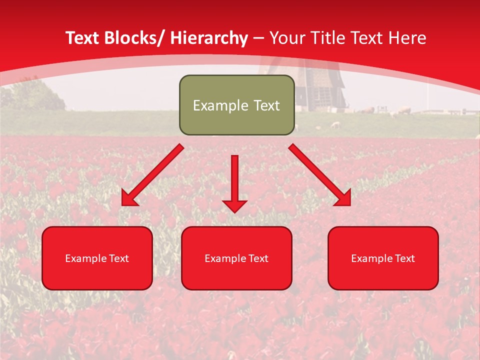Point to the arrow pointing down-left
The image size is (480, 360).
click(152, 175)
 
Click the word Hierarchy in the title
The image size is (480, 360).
click(209, 38)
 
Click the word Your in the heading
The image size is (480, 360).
click(286, 38)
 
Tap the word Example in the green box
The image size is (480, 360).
click(220, 105)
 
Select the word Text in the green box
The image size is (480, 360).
click(266, 105)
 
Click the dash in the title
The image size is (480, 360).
click(258, 38)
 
